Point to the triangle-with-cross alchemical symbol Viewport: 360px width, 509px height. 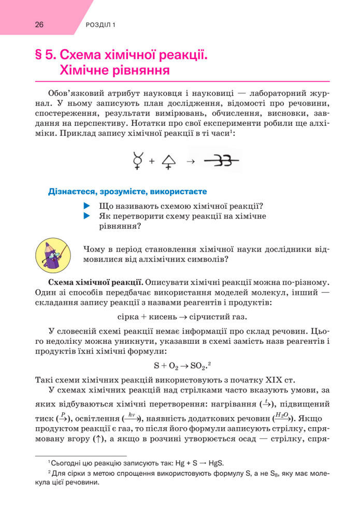point(169,162)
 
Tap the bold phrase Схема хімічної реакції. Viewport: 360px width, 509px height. point(95,283)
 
